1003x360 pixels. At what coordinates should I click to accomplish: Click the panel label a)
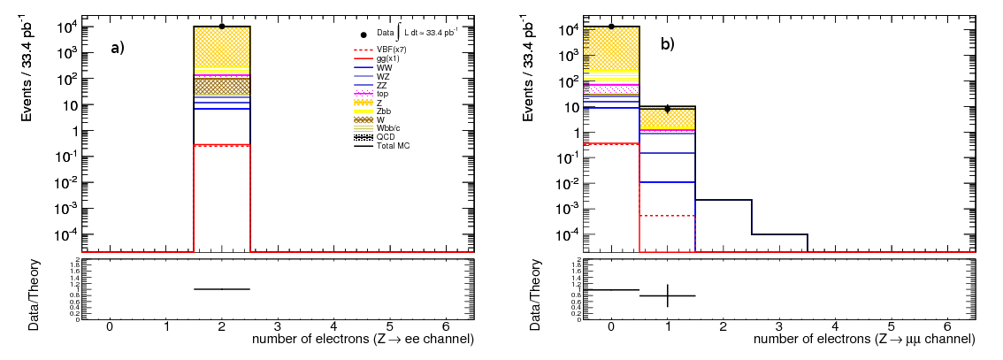[x=118, y=49]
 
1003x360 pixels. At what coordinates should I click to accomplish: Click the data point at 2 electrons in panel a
[x=222, y=27]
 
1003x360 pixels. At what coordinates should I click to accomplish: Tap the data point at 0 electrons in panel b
[x=611, y=27]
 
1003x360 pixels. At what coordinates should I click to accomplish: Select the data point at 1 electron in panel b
[x=668, y=109]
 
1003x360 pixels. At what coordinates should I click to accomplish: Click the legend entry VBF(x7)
[x=388, y=49]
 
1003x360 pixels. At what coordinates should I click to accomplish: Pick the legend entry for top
[x=382, y=93]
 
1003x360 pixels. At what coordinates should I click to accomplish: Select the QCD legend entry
[x=385, y=137]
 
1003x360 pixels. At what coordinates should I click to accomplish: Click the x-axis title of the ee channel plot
[x=363, y=339]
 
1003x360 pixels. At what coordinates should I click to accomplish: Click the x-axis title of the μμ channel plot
[x=864, y=339]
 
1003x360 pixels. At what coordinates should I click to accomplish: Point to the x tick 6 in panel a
[x=446, y=326]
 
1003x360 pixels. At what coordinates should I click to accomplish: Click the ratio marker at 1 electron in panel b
[x=668, y=295]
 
